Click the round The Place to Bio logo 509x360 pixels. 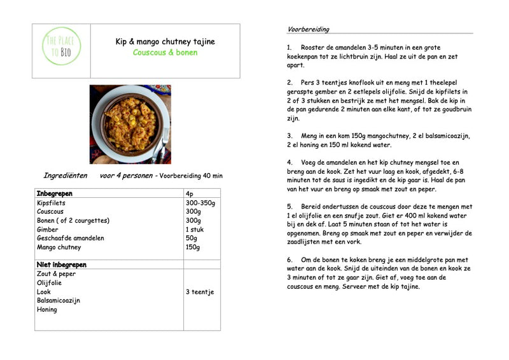[x=62, y=46]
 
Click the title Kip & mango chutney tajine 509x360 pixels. [x=165, y=42]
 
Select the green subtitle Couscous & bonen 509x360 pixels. [x=165, y=53]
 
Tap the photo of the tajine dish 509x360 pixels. [x=130, y=124]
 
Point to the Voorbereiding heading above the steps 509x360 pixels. [x=308, y=29]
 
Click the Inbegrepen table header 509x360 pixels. [x=55, y=193]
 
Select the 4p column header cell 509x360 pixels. [x=190, y=193]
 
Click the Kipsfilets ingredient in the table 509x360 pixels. [x=51, y=204]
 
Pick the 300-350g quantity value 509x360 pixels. [x=200, y=204]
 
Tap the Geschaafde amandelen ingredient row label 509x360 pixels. [x=70, y=239]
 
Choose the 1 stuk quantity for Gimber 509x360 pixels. [x=195, y=230]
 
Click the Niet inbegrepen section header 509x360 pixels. [x=61, y=265]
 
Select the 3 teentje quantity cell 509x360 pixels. [x=200, y=292]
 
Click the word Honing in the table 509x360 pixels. [x=47, y=310]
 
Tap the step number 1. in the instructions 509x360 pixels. [x=289, y=48]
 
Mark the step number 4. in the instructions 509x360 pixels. [x=289, y=163]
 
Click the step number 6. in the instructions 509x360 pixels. [x=289, y=260]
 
